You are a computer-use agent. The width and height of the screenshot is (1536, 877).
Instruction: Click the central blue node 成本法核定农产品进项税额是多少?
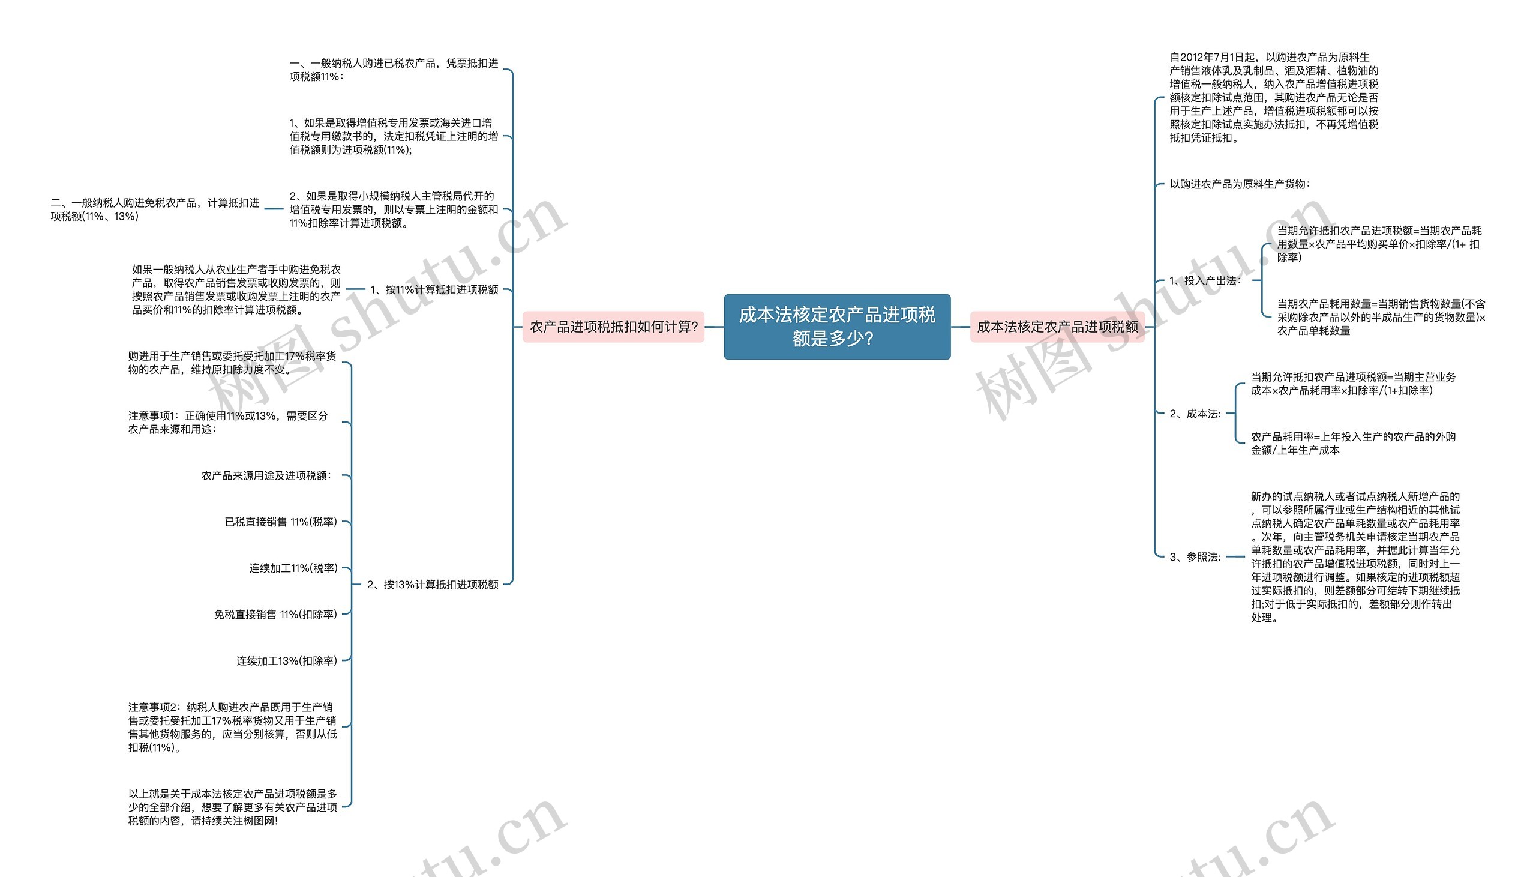pos(836,327)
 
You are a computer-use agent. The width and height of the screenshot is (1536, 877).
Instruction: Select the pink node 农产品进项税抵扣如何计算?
pos(613,327)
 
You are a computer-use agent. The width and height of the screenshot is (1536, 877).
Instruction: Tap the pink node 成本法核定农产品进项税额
pos(1057,327)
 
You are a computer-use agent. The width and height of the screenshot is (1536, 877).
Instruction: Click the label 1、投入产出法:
pos(1205,281)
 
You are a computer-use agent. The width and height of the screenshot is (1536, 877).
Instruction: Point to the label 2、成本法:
pos(1195,414)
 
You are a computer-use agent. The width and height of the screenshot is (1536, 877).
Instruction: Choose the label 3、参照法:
pos(1195,557)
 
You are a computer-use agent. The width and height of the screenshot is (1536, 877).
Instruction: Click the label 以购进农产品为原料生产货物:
pos(1239,184)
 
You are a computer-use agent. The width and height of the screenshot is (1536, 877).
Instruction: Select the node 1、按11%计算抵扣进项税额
pos(434,290)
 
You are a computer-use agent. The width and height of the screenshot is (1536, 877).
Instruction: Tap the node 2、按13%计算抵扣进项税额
pos(432,584)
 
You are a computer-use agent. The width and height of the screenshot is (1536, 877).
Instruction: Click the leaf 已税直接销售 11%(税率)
pos(280,522)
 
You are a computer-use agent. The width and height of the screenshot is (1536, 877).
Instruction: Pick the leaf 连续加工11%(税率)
pos(293,568)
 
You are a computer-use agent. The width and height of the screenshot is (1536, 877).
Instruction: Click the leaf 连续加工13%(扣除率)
pos(286,661)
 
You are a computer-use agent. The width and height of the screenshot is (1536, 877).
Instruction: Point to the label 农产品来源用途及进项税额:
pos(266,476)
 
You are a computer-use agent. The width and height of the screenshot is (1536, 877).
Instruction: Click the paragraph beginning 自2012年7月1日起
pos(1274,98)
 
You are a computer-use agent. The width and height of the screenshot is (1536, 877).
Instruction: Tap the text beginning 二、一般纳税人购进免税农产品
pos(155,209)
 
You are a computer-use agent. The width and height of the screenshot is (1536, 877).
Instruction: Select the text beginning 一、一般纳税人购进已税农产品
pos(394,70)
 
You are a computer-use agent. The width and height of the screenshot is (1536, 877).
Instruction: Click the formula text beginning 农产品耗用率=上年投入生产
pos(1353,444)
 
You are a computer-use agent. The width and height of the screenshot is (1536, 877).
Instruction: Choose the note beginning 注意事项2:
pos(232,727)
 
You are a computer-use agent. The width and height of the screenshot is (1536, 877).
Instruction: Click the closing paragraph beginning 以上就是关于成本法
pos(232,807)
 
